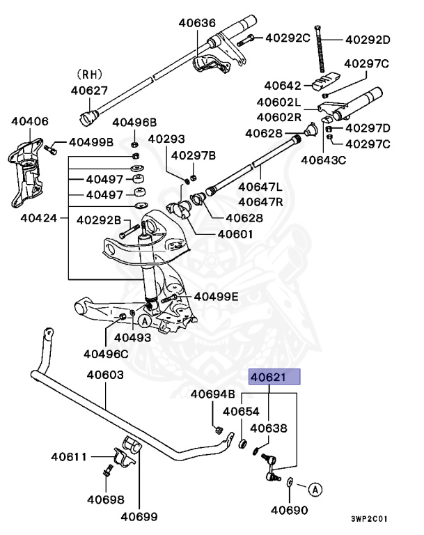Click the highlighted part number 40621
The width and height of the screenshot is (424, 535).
coord(275,378)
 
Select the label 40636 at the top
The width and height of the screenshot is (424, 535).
coord(197,23)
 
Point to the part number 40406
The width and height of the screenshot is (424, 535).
coord(30,121)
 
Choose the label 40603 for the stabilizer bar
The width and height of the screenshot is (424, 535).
coord(105,375)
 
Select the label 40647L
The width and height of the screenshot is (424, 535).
coord(261,187)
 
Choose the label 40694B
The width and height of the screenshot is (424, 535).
coord(213,394)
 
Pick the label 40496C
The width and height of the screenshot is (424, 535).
coord(106,352)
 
